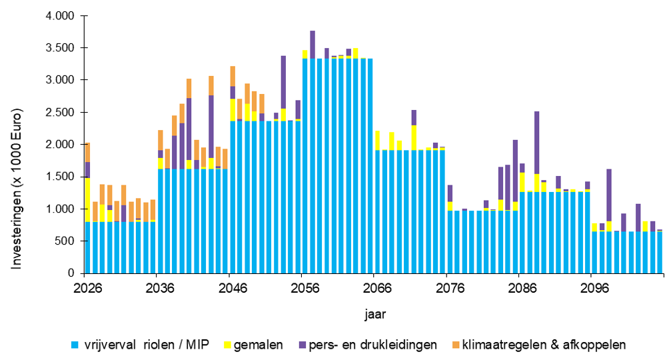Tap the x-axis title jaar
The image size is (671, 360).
point(375,312)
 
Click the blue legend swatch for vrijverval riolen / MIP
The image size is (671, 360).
point(77,345)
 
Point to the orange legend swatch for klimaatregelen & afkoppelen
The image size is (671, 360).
point(456,345)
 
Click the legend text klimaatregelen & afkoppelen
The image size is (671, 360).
point(544,345)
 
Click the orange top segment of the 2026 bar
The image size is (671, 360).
point(87,152)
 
